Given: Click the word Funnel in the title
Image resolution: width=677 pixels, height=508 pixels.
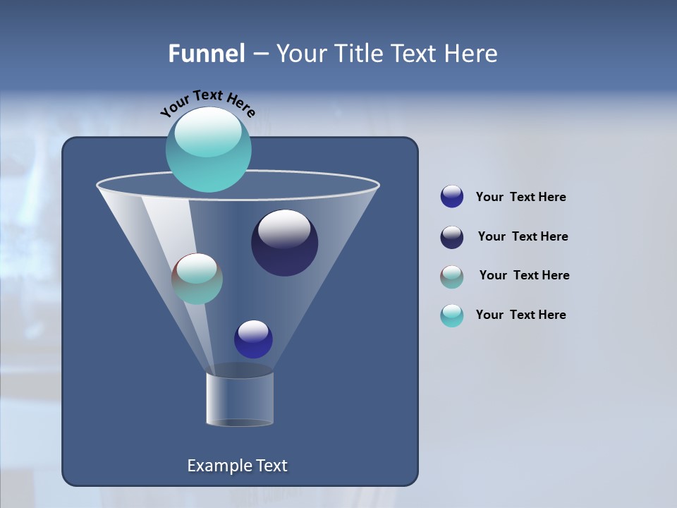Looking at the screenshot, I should coord(206,54).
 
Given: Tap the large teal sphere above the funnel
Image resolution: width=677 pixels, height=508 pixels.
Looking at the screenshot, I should coord(208,149).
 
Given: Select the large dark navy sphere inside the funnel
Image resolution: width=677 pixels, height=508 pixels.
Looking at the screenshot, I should coord(284,243).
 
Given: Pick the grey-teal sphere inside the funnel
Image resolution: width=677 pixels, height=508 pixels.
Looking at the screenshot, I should coord(197,279).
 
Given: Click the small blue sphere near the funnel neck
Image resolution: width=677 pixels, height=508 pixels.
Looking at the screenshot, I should coord(253,339).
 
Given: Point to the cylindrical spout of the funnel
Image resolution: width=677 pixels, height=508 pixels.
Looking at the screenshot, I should coord(240,399).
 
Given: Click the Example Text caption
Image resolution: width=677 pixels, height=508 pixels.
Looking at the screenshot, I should coord(237,466).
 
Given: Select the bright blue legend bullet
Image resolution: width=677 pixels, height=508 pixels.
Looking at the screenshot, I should coord(452,197).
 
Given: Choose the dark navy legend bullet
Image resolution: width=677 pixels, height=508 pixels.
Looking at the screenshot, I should coord(452,237).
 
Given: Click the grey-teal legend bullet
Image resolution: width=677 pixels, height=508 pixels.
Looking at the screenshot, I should coord(452,277).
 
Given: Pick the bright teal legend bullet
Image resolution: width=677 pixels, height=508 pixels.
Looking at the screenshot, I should coord(452,315).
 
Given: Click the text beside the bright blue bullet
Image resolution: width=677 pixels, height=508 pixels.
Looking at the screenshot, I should coord(520,198).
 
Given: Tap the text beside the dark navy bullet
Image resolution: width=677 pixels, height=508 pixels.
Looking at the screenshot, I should coord(523,237).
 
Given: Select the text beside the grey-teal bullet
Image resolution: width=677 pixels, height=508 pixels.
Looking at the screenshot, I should coord(524,276).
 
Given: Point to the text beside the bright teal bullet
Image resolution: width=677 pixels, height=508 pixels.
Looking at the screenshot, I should coord(520,315).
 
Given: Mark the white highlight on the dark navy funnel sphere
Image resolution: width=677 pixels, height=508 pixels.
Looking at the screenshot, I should coord(284,229).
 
